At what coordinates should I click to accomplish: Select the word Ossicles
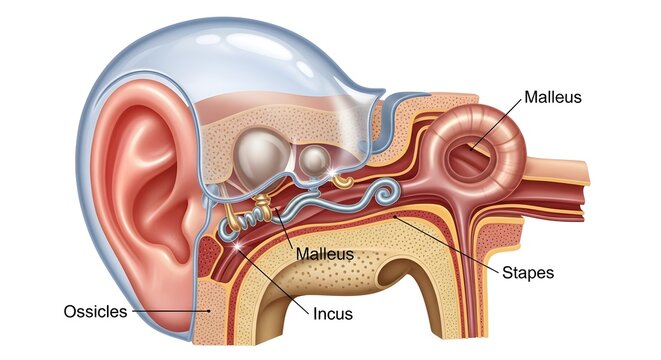pos(95,311)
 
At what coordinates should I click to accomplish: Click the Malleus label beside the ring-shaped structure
pos(551,99)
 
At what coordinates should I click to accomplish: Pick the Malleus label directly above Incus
pos(325,254)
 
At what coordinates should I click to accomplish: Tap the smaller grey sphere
pos(315,161)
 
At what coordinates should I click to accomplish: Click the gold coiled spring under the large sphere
pos(255,211)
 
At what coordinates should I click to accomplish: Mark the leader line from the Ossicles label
pos(170,311)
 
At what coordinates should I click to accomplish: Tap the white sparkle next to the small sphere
pos(332,175)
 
